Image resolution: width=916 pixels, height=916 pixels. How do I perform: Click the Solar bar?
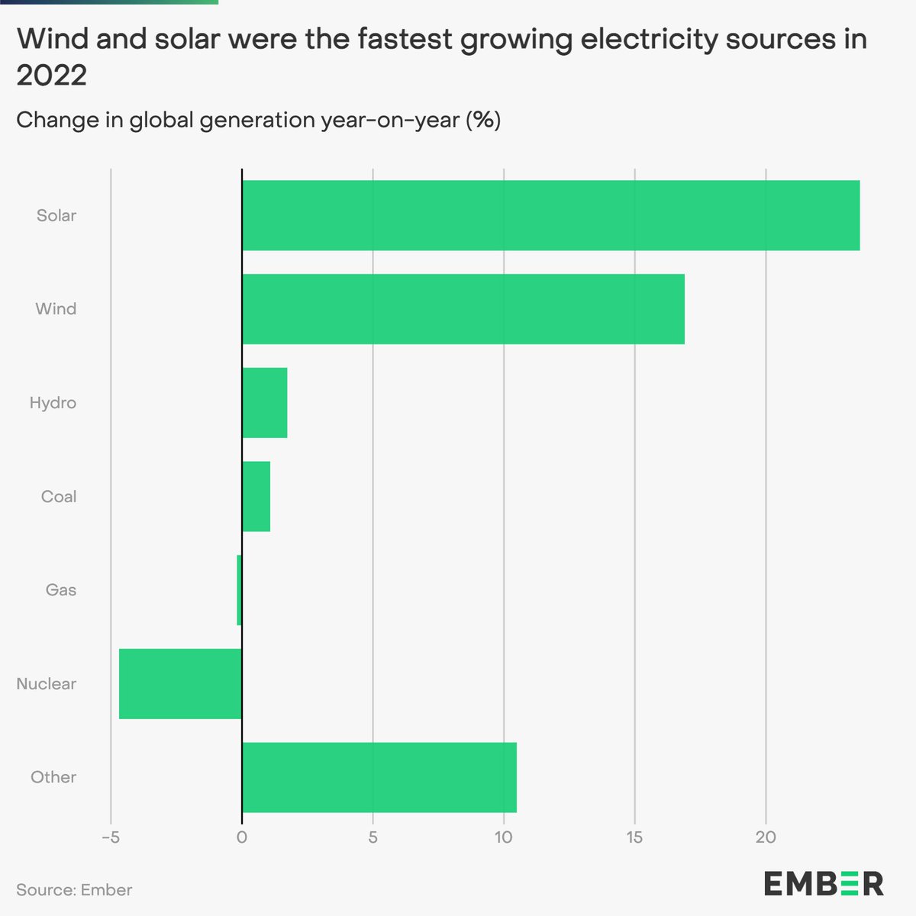(550, 215)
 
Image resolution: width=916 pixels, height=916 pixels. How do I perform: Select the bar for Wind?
(463, 309)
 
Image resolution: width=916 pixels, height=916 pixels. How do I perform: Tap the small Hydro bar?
(264, 403)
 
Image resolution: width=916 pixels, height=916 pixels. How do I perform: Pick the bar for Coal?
(256, 496)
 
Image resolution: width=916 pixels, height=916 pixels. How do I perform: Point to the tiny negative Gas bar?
(239, 590)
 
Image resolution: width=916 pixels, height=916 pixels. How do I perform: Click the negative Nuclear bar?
(180, 684)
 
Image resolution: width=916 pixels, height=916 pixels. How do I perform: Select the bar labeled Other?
(379, 777)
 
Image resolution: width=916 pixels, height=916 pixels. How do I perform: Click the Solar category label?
(56, 215)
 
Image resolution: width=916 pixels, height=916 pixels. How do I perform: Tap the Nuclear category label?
(47, 684)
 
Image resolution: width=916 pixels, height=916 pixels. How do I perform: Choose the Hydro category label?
(53, 403)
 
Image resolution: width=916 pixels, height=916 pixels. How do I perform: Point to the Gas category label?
(61, 590)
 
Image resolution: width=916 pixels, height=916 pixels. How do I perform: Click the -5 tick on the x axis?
(111, 837)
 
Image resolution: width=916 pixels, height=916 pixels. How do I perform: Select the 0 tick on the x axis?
(242, 837)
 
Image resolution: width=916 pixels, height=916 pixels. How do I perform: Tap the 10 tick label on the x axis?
(503, 837)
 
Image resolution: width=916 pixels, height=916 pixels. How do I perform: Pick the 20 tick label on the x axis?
(766, 837)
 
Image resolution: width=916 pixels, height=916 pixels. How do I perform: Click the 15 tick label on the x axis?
(634, 837)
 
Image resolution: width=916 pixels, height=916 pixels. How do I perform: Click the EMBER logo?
(824, 883)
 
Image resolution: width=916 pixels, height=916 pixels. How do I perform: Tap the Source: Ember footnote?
(74, 890)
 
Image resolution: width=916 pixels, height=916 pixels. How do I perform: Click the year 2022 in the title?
(51, 76)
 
